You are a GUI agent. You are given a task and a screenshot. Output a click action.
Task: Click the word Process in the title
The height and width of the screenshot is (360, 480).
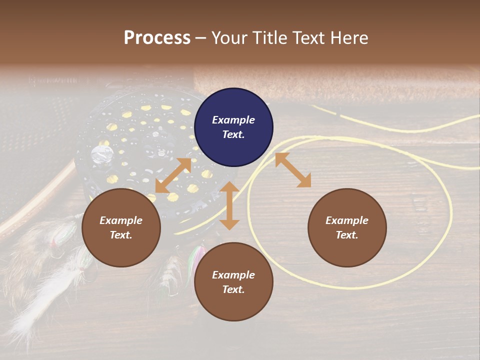pyautogui.click(x=157, y=37)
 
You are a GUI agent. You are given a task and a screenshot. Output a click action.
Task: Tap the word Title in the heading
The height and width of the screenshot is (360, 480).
pyautogui.click(x=267, y=37)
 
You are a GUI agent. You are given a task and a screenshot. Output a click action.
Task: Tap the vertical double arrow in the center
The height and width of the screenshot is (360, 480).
pyautogui.click(x=229, y=205)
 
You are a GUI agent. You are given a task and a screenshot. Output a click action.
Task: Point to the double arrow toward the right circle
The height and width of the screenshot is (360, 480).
pyautogui.click(x=293, y=170)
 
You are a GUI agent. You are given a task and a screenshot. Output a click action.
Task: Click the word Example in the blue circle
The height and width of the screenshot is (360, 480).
pyautogui.click(x=233, y=120)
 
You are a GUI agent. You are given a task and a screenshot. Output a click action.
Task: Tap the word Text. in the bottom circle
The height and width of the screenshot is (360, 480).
pyautogui.click(x=233, y=289)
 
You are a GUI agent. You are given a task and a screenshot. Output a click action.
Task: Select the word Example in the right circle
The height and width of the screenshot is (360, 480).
pyautogui.click(x=347, y=220)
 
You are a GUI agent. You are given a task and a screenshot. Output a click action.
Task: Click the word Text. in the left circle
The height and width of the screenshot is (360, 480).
pyautogui.click(x=121, y=235)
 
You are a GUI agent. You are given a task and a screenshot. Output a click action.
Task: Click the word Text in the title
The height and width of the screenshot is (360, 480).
pyautogui.click(x=308, y=37)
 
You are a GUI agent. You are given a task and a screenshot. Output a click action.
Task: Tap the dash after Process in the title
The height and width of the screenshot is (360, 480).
pyautogui.click(x=200, y=38)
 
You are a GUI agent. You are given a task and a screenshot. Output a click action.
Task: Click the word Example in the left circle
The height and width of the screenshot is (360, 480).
pyautogui.click(x=121, y=220)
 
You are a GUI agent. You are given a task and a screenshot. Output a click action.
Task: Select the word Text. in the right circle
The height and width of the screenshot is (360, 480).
pyautogui.click(x=347, y=235)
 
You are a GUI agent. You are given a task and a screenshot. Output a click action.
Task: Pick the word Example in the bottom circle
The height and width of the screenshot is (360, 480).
pyautogui.click(x=233, y=275)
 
